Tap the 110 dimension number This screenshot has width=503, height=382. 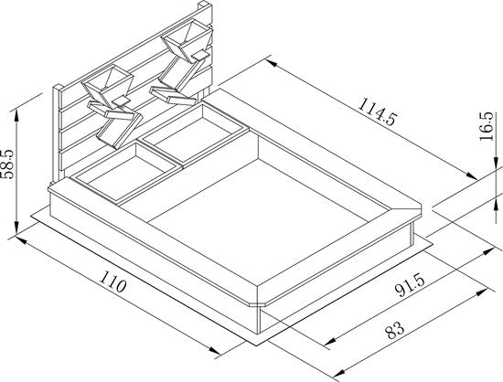point(112,281)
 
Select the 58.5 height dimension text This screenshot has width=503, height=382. point(7,164)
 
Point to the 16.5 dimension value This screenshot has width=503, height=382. point(486,126)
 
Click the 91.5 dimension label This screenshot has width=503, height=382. point(410,286)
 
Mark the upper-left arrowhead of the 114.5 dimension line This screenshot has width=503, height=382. point(272,63)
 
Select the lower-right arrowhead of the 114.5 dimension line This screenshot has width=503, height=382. point(472,175)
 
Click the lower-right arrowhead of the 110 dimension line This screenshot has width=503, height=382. point(215,350)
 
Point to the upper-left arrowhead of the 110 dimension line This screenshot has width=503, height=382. point(20,239)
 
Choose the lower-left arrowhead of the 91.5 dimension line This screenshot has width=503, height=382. point(330,341)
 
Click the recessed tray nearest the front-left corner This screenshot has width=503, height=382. point(125,172)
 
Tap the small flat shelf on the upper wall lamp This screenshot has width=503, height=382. point(200,56)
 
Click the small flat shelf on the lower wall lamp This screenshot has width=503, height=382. point(121,101)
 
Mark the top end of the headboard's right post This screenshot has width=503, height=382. point(205,5)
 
